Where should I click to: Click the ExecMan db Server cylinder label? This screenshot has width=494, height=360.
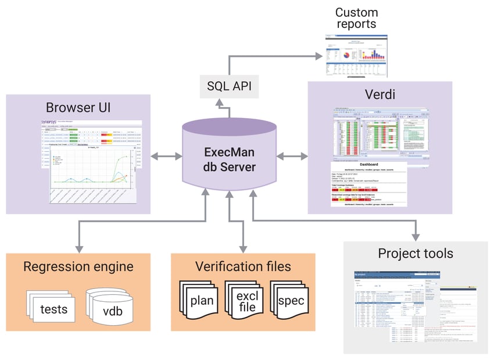pyautogui.click(x=229, y=160)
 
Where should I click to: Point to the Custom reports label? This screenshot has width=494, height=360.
pyautogui.click(x=356, y=18)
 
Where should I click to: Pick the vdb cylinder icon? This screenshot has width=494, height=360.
pyautogui.click(x=112, y=308)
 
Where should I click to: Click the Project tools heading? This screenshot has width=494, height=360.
pyautogui.click(x=415, y=253)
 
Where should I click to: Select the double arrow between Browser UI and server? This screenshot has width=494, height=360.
pyautogui.click(x=165, y=156)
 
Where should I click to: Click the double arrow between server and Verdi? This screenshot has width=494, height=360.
pyautogui.click(x=292, y=156)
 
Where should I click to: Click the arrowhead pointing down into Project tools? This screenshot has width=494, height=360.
pyautogui.click(x=416, y=236)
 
